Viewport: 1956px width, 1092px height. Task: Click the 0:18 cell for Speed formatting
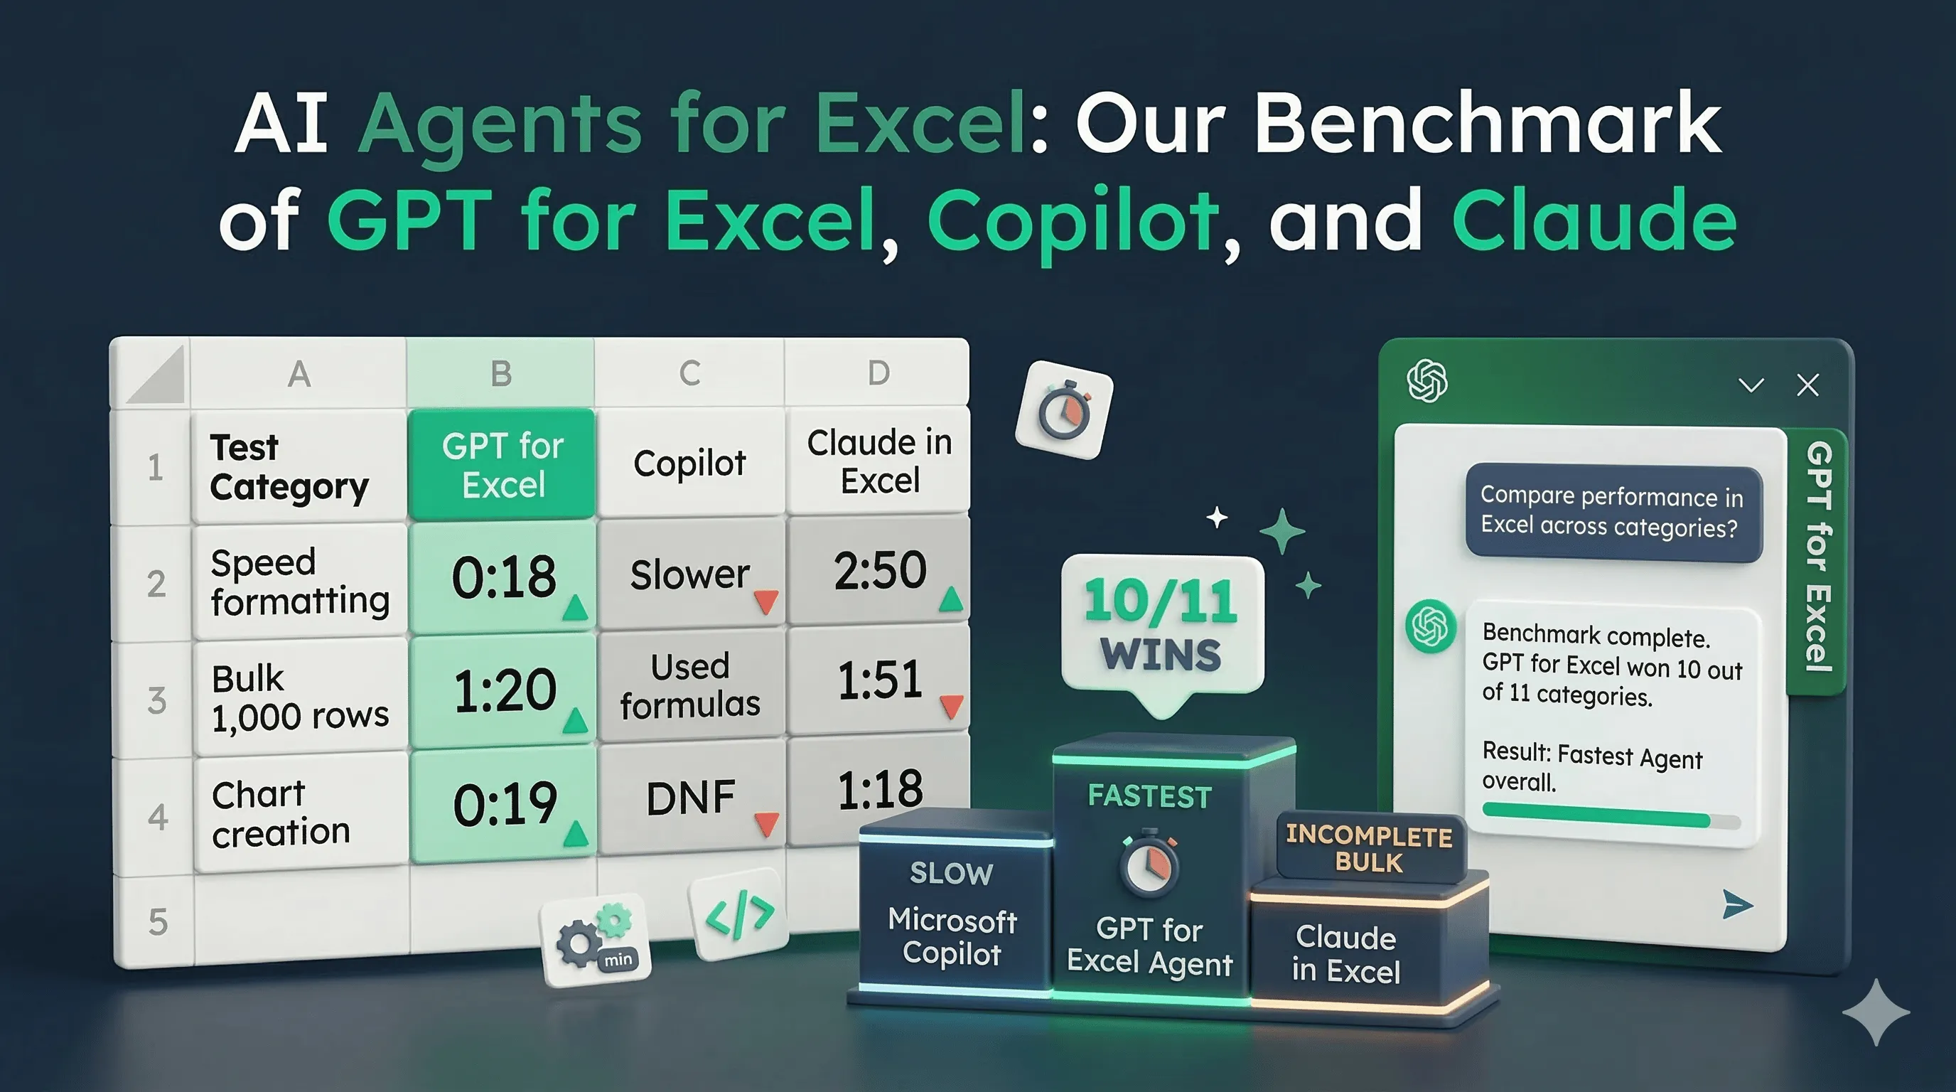point(503,577)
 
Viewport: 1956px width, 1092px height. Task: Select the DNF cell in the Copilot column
point(689,798)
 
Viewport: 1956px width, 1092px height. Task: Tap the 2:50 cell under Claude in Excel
point(879,570)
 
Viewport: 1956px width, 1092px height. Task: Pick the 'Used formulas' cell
point(689,685)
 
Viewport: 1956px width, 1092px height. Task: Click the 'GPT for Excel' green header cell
point(502,465)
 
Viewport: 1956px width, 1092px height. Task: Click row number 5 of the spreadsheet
point(157,922)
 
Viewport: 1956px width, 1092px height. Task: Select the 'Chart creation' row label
point(281,813)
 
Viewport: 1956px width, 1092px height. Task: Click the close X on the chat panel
point(1808,385)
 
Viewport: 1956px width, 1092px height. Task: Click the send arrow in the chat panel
point(1736,904)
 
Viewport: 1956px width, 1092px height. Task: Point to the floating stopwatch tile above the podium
point(1064,410)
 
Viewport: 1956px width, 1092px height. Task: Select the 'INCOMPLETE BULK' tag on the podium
point(1368,848)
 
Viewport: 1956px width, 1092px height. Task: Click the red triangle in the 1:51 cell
point(952,705)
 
